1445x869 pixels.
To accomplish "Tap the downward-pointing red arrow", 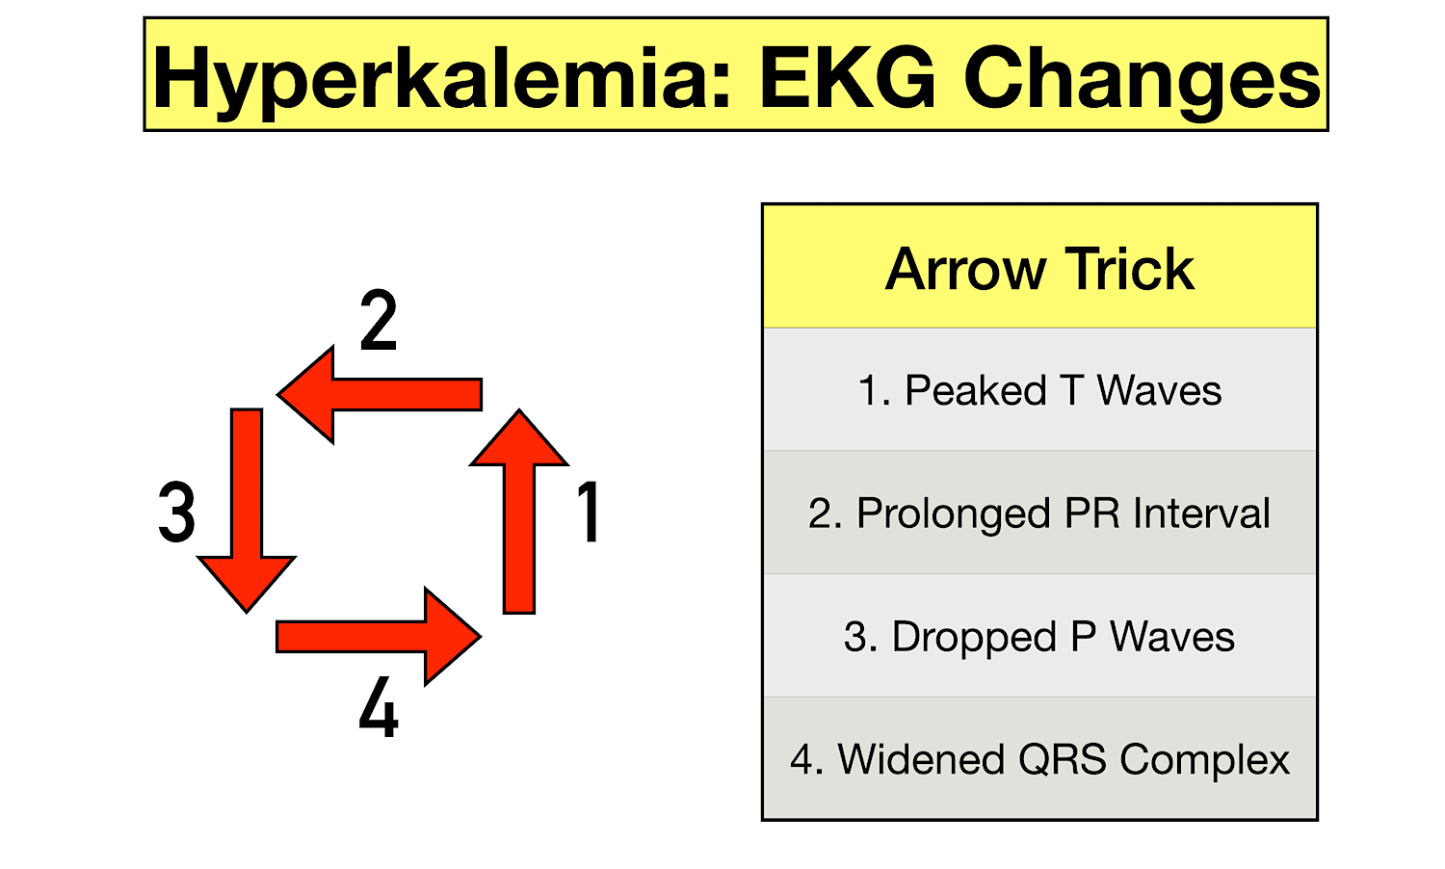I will point(247,501).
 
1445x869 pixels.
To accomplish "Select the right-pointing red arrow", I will point(376,637).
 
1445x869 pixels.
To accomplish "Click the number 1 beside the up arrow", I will point(589,513).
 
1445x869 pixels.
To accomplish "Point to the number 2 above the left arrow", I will point(379,321).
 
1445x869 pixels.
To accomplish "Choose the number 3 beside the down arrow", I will point(177,513).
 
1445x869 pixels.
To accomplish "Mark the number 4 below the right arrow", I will point(379,708).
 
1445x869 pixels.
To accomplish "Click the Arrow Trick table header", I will point(1039,268).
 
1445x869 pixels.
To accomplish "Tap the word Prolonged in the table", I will point(953,513).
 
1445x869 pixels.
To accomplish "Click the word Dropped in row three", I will point(974,637).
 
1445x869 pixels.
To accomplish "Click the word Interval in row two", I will point(1201,513).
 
